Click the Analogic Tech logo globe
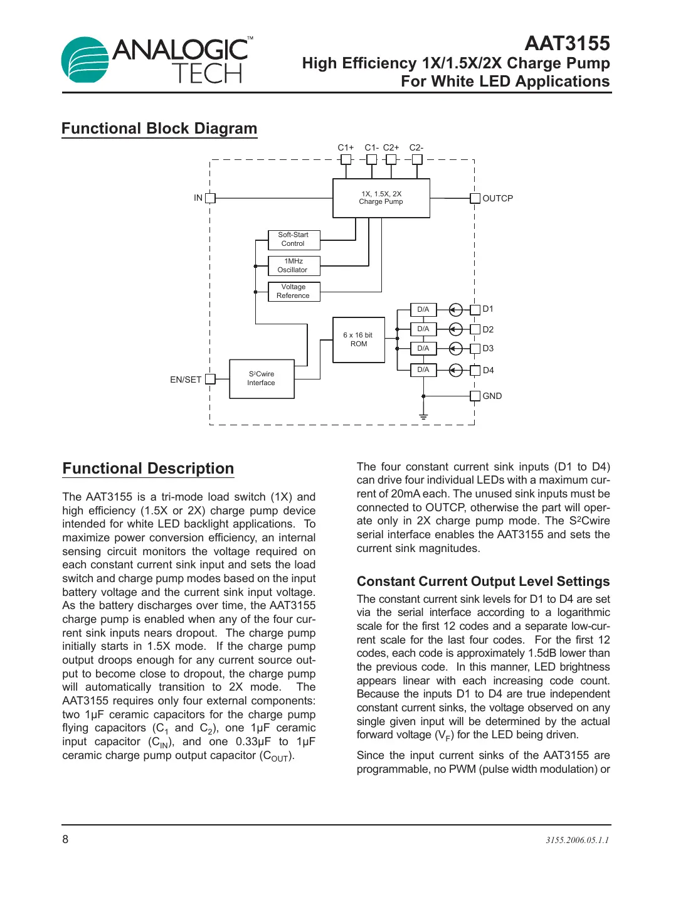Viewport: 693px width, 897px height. point(85,60)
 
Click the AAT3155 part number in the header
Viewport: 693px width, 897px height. point(566,43)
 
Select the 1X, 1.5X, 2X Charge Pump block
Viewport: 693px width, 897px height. point(381,198)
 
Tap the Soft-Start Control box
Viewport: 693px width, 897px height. point(294,240)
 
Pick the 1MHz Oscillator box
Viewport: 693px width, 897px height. point(294,266)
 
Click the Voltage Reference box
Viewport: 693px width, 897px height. point(294,292)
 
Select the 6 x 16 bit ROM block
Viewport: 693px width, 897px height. point(358,340)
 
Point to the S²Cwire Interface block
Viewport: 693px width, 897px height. point(262,379)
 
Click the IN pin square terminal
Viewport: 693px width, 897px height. point(210,198)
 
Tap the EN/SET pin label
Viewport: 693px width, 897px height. point(186,380)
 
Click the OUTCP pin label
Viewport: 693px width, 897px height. point(497,198)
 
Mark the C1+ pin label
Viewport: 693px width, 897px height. point(346,148)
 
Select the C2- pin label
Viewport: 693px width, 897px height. point(416,148)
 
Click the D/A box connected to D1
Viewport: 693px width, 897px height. point(423,310)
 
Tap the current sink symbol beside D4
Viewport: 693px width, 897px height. point(456,370)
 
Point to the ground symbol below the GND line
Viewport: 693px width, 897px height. point(423,417)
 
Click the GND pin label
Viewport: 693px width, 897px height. point(492,396)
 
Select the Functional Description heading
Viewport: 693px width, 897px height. point(148,469)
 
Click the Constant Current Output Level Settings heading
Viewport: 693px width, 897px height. point(483,581)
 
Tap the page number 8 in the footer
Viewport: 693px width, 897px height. point(65,839)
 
